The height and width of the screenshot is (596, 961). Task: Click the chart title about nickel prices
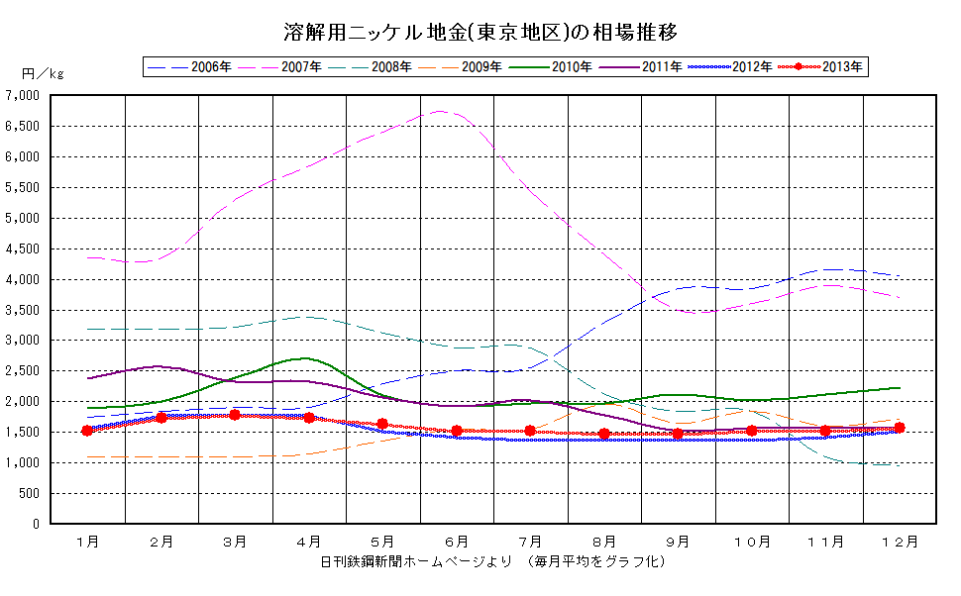pos(480,32)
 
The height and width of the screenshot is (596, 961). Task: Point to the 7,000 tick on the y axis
pos(22,96)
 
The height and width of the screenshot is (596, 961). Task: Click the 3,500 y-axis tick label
pos(22,310)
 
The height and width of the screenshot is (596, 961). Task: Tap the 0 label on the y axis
pos(35,524)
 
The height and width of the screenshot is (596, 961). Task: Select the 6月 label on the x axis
pos(457,542)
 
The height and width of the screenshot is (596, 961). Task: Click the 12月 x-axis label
pos(900,542)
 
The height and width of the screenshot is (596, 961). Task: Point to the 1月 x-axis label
pos(88,542)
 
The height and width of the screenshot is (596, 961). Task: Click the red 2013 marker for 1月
pos(87,431)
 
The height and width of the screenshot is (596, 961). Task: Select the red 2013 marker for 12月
pos(900,428)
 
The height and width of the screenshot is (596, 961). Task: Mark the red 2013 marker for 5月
pos(382,424)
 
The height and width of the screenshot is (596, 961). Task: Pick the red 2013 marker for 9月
pos(678,434)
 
